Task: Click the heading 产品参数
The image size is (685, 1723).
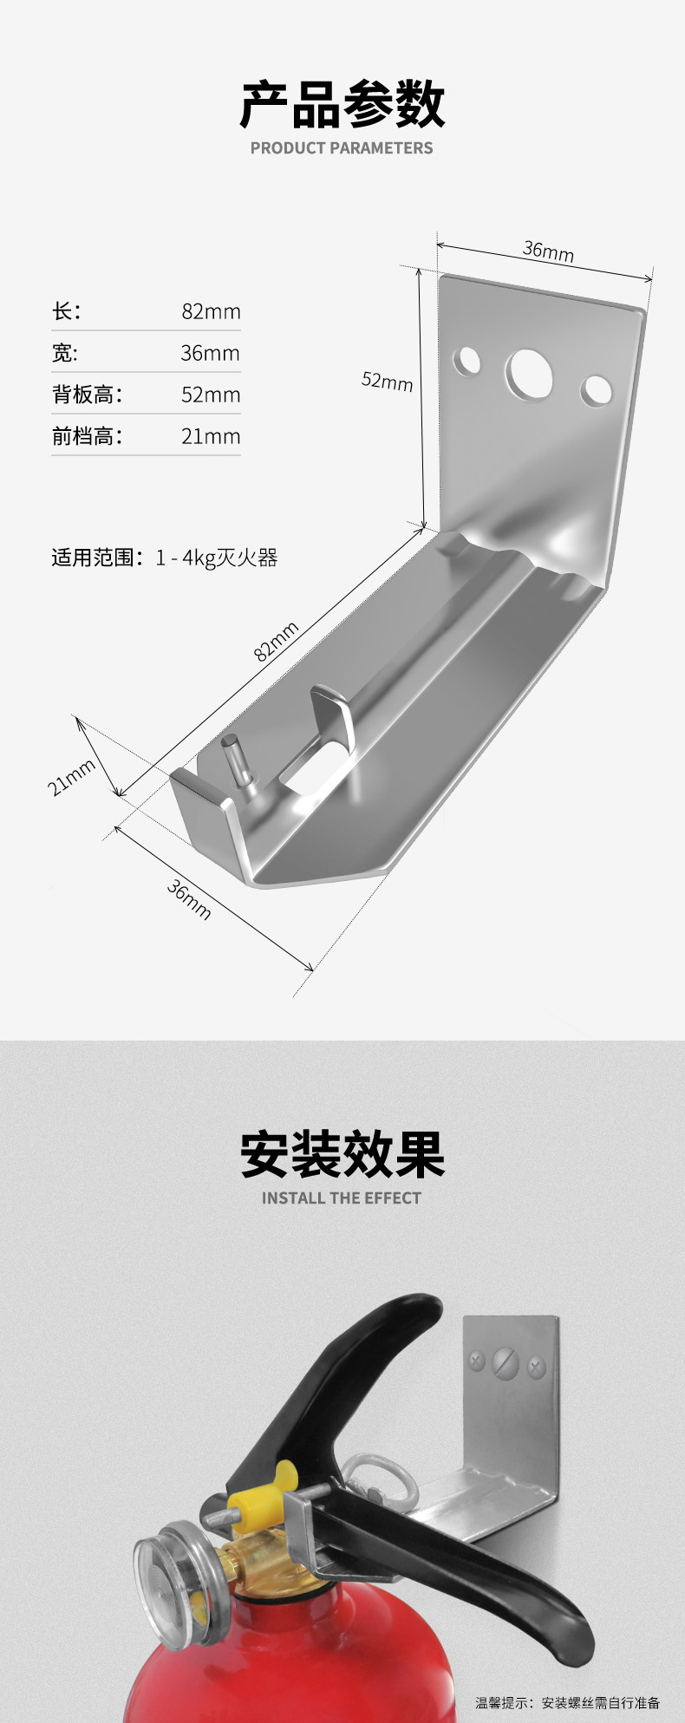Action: coord(342,105)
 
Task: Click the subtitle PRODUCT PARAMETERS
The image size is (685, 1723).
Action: coord(342,148)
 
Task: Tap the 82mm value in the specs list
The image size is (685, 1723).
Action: coord(211,311)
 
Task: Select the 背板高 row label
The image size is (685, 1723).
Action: coord(87,395)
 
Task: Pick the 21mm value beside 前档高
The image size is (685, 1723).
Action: coord(211,436)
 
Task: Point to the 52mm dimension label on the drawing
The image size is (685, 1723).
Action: coord(387,381)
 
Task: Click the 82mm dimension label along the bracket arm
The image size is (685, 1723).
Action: coord(277,641)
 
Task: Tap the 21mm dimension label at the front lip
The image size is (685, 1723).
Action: coord(71,777)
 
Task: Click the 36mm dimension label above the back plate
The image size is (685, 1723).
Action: coord(548,251)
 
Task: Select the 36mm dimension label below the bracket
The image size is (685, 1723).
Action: coord(189,899)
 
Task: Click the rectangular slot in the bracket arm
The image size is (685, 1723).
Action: coord(312,767)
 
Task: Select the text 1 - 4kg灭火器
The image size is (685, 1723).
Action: coord(217,558)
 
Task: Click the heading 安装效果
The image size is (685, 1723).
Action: coord(342,1155)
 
